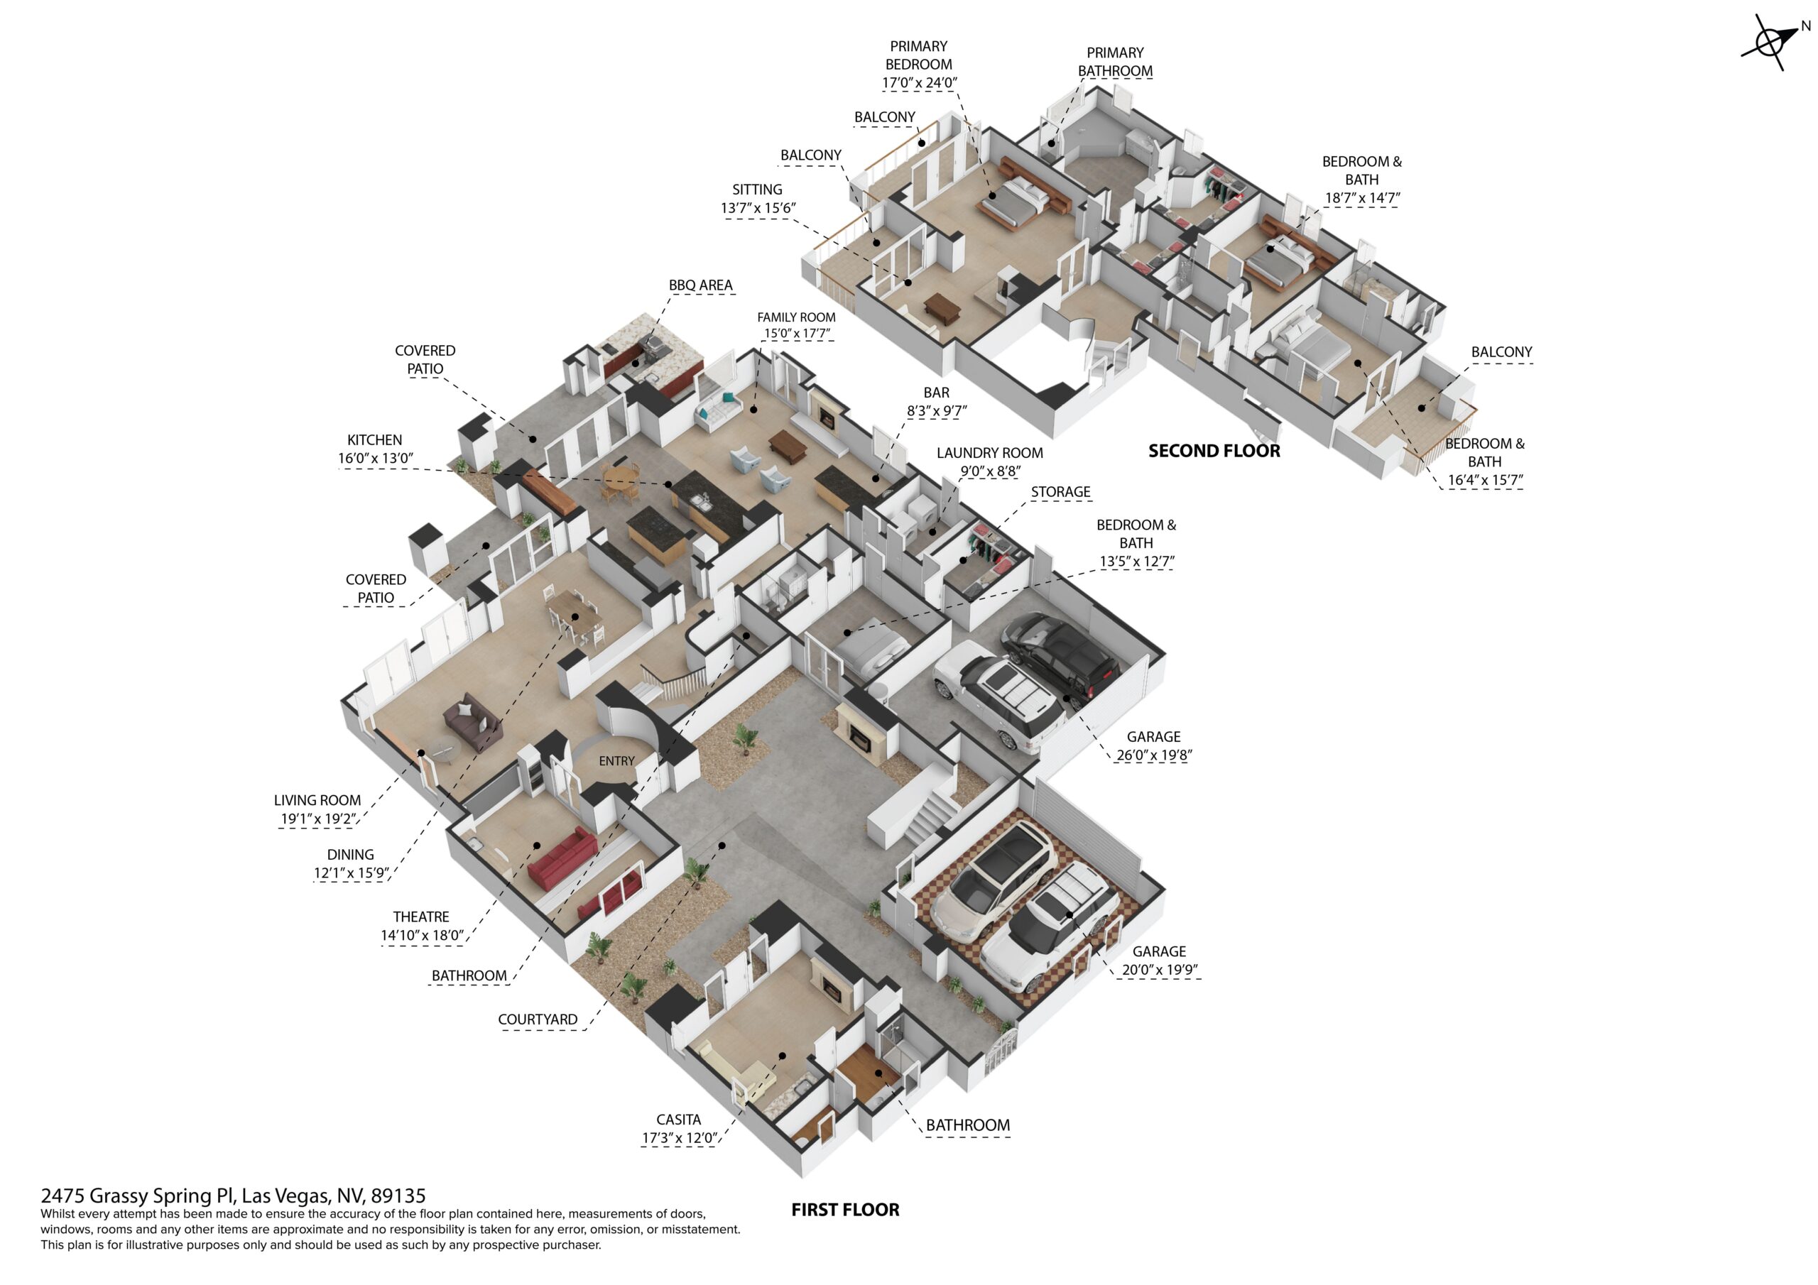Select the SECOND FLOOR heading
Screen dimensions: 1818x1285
(1214, 451)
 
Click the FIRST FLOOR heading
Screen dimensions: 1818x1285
(845, 1210)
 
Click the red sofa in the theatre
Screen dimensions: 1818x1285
(562, 858)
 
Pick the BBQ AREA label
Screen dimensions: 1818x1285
(701, 285)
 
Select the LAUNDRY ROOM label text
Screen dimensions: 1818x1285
(990, 453)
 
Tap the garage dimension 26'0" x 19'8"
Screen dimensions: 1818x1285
(1154, 755)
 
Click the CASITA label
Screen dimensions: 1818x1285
(679, 1120)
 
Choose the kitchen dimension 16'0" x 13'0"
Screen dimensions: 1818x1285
(376, 459)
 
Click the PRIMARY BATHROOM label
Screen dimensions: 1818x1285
(1115, 62)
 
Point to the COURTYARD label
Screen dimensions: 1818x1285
(538, 1019)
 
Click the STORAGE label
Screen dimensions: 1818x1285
(1060, 493)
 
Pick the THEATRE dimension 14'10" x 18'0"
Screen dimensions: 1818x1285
(422, 935)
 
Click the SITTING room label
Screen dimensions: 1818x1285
(757, 190)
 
